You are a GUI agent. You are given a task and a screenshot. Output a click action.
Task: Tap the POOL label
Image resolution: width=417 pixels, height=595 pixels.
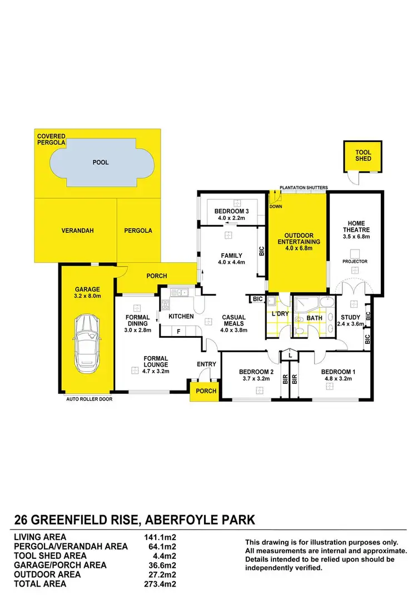coord(101,162)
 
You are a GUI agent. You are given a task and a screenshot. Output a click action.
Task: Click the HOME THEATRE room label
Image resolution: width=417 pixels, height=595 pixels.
coord(354,227)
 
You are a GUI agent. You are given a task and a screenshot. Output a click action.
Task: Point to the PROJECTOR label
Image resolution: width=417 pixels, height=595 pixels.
coord(355,261)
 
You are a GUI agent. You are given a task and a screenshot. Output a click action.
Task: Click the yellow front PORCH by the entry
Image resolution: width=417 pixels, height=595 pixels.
coord(206,391)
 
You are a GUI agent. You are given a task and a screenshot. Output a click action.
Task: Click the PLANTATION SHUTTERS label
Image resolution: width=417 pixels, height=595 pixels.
coord(304,187)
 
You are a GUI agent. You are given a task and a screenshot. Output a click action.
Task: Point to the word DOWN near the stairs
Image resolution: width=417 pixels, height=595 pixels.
coord(276,207)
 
